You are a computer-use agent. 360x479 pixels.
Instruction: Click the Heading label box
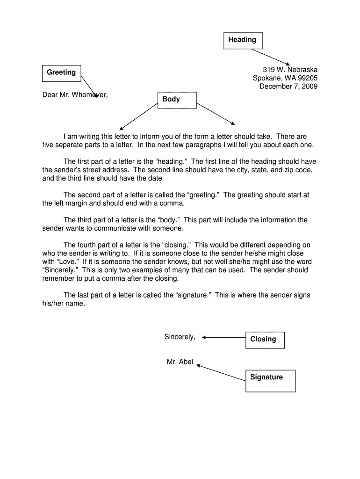(243, 40)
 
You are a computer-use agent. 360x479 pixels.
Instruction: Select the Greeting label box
(61, 73)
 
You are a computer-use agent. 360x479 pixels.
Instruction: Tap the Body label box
(177, 100)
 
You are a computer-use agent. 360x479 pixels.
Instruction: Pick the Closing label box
(265, 340)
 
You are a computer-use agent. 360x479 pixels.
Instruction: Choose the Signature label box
(270, 380)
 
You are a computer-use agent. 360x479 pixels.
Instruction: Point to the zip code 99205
(306, 78)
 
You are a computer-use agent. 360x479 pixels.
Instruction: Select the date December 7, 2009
(288, 87)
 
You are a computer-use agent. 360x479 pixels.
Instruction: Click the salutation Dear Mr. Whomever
(75, 95)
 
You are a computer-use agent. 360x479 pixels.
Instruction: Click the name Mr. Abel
(180, 362)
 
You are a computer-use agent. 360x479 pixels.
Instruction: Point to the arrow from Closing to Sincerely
(223, 337)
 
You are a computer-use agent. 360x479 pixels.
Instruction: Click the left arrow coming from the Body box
(139, 116)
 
